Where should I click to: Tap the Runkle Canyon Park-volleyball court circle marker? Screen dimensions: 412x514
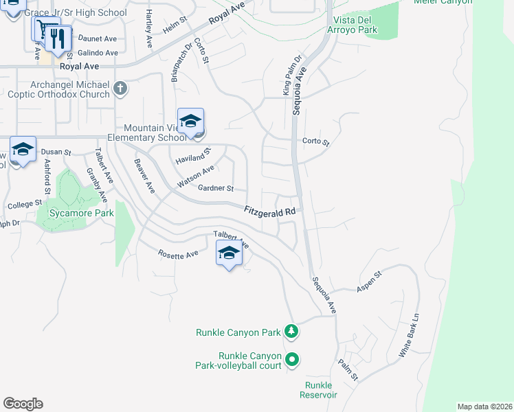tap(292, 359)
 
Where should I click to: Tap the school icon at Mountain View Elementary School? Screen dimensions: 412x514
tap(190, 122)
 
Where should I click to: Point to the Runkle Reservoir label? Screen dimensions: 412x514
tap(319, 390)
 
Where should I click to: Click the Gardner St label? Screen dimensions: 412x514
tap(216, 188)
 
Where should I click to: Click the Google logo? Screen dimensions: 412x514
tap(23, 404)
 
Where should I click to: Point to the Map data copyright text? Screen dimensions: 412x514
tap(484, 407)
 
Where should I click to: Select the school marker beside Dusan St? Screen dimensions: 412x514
tap(23, 149)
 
